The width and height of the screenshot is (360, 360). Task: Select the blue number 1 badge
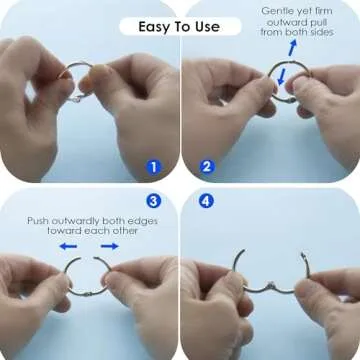153,166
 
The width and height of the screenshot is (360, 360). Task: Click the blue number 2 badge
207,166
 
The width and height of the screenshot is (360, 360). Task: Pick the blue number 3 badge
153,200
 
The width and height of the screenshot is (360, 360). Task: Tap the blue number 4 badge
207,200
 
